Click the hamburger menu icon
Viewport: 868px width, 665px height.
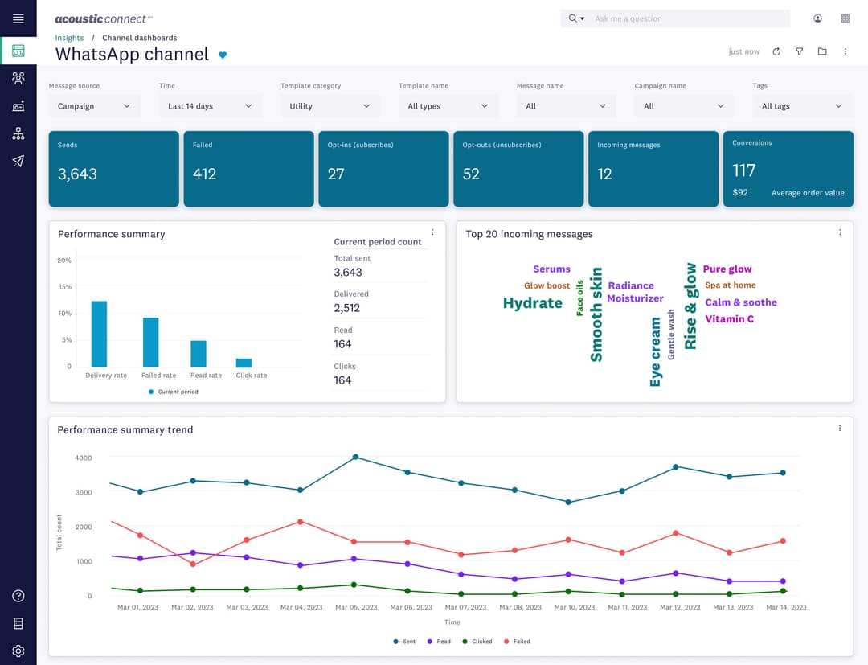[x=18, y=18]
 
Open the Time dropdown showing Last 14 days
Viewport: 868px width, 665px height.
[x=210, y=106]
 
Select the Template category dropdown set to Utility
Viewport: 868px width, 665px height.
[x=330, y=106]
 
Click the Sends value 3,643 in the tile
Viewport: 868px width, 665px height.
[x=77, y=174]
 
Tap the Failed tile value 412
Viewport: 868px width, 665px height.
[x=204, y=174]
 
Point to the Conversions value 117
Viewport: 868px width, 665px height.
[x=743, y=170]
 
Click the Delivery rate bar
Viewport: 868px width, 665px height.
[x=99, y=335]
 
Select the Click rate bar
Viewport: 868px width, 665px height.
[x=244, y=363]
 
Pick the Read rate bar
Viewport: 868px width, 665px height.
[x=198, y=354]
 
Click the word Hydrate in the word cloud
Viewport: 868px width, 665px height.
[x=532, y=303]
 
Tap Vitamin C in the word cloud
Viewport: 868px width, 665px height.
[x=729, y=319]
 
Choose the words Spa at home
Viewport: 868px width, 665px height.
[x=730, y=285]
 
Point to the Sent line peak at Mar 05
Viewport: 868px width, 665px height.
[x=355, y=457]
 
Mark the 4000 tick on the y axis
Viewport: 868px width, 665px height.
[x=84, y=458]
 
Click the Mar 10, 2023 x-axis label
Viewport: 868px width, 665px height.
[x=573, y=607]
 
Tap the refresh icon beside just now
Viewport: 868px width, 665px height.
[x=776, y=51]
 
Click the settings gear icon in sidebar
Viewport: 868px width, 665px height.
[x=18, y=651]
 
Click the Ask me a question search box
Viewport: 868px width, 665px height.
[x=687, y=18]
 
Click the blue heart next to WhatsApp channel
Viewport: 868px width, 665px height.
[x=223, y=55]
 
